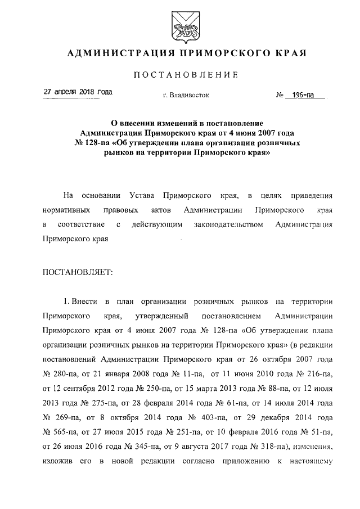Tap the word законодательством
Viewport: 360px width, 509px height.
pos(227,224)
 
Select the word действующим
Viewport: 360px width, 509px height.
pos(155,224)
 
